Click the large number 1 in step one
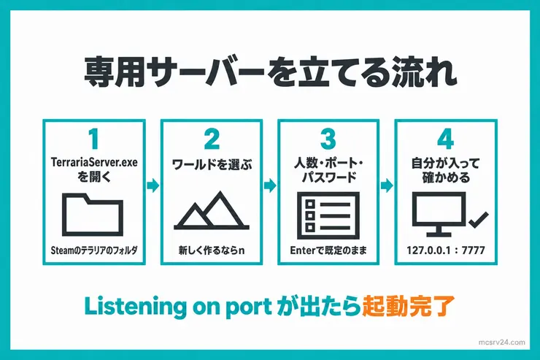tap(94, 139)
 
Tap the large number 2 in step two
tap(212, 139)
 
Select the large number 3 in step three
tap(328, 139)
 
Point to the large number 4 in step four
tap(445, 139)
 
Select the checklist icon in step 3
tap(328, 216)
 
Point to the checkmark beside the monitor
tap(479, 221)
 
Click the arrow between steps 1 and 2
tap(153, 185)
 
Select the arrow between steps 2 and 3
tap(270, 185)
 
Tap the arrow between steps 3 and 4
tap(387, 185)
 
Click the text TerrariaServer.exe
tap(94, 162)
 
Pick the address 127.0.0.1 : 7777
tap(446, 250)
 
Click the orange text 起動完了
tap(408, 306)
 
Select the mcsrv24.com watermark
tap(502, 342)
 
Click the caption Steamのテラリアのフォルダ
tap(94, 250)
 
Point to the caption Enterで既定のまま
tap(328, 250)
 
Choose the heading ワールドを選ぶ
tap(212, 164)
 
